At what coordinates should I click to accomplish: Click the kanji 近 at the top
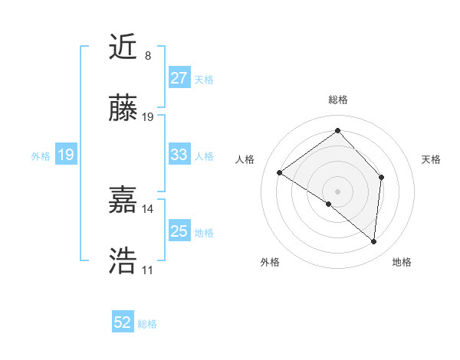123,48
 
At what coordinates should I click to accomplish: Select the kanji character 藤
123,110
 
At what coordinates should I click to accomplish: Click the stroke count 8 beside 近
147,56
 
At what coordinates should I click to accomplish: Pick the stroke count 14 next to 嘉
147,208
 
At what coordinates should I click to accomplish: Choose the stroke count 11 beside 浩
147,270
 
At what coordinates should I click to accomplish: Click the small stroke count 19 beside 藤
148,117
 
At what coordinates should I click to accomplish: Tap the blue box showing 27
179,78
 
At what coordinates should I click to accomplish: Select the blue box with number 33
179,155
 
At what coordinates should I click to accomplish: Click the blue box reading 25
179,231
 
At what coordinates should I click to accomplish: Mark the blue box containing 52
123,322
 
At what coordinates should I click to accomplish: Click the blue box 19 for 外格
66,155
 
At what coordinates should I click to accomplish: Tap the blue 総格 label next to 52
147,324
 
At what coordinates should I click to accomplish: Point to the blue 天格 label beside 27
204,79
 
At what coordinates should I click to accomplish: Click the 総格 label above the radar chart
338,100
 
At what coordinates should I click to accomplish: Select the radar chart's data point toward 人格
280,173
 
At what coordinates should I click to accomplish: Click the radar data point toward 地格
373,242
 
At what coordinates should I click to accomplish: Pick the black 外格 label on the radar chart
270,263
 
